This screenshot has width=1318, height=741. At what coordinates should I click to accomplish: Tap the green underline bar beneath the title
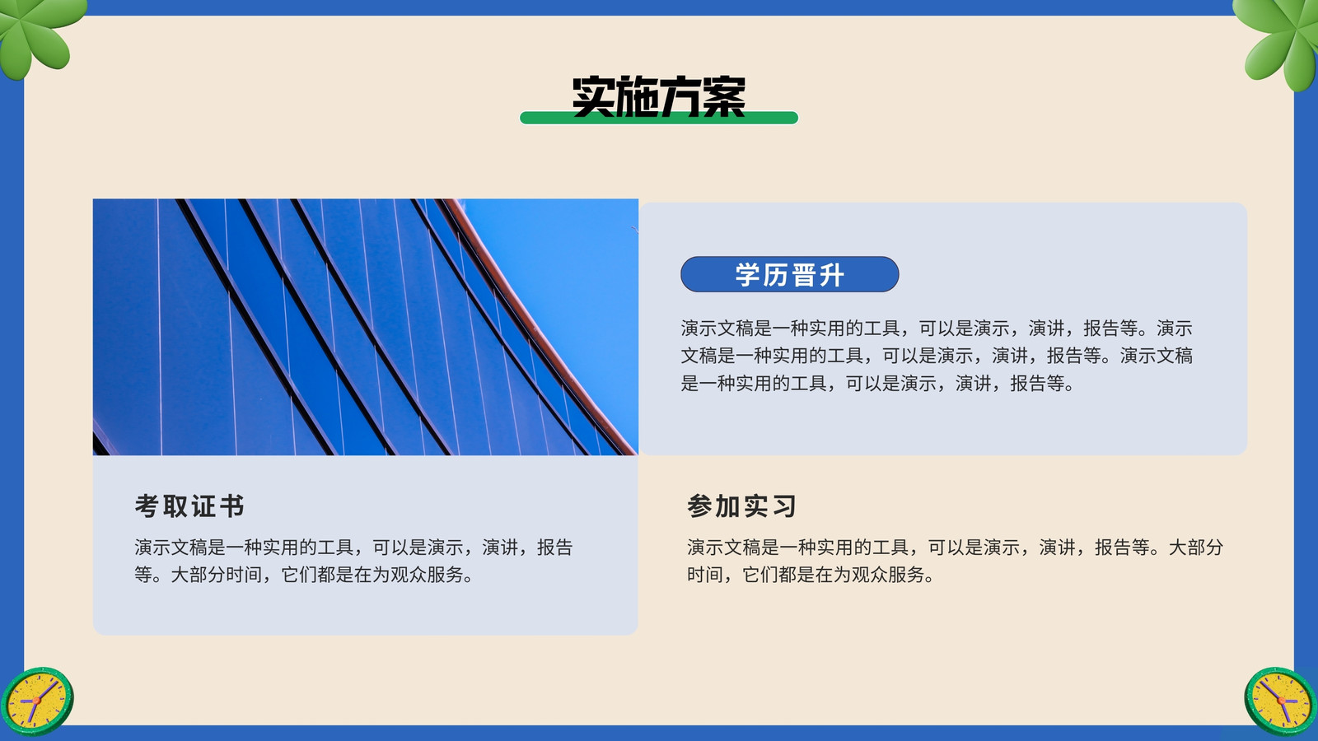point(658,119)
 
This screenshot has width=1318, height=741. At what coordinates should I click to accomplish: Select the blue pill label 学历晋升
point(790,274)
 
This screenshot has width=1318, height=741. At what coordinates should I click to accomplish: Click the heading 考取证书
point(189,506)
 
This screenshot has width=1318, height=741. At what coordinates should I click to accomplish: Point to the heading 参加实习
point(741,506)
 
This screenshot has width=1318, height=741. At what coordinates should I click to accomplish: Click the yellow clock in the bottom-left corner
point(37,701)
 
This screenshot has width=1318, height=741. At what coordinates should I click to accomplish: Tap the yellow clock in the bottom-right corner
point(1281,701)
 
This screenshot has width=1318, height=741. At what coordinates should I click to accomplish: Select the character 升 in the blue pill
point(831,275)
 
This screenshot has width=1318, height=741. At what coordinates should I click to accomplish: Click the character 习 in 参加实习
point(784,506)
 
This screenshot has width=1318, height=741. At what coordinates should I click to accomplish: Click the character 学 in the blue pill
point(747,275)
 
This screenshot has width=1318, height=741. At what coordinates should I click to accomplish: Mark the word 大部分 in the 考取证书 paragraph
point(198,575)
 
